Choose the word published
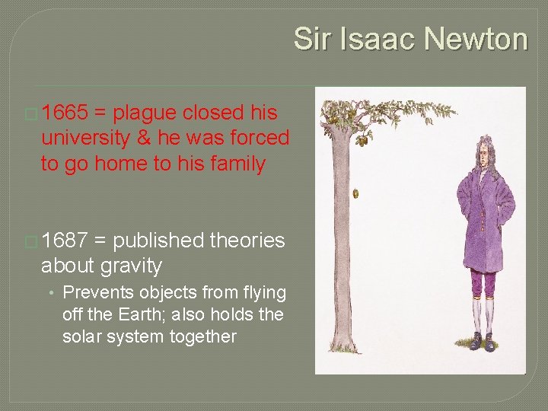[158, 241]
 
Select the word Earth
[150, 314]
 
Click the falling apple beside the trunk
[355, 194]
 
